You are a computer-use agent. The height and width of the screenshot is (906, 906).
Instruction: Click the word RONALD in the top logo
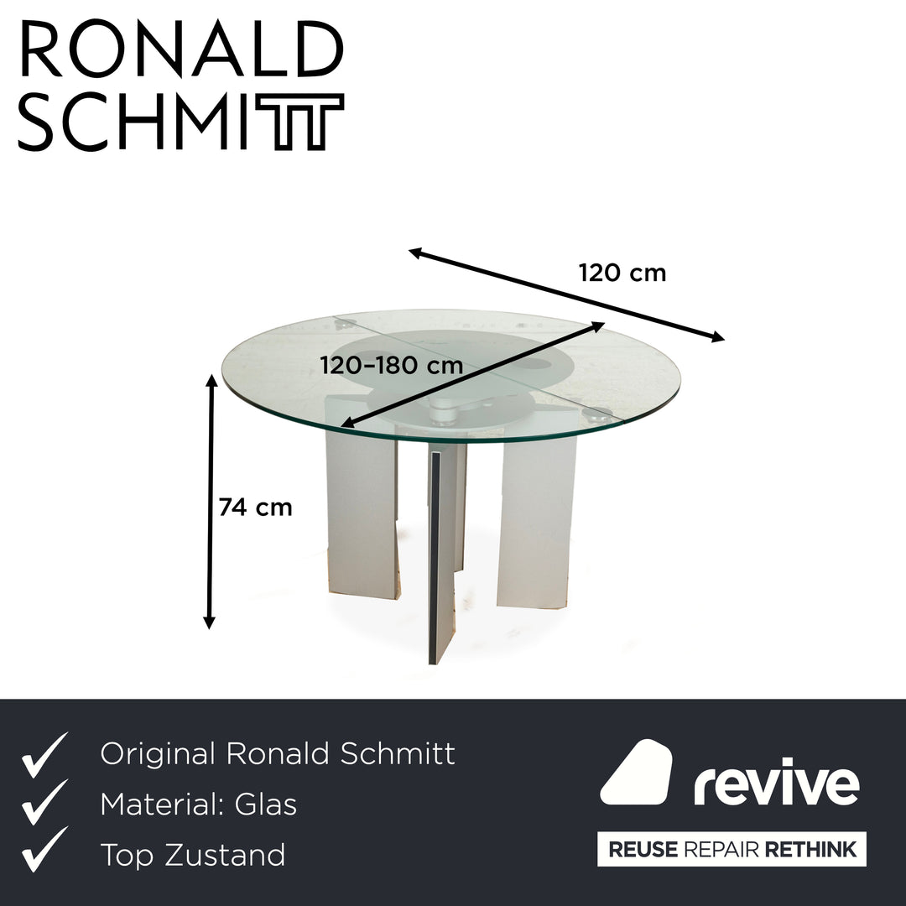pos(180,52)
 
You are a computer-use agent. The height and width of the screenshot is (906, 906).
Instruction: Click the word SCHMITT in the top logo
pos(180,122)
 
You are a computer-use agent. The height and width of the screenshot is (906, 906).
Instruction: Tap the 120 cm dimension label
pos(622,273)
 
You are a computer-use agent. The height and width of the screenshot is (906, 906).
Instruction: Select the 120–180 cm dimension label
pos(392,366)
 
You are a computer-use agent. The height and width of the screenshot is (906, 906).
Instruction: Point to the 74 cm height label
pos(255,508)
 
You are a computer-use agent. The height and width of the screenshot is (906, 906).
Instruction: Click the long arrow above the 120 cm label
pos(566,294)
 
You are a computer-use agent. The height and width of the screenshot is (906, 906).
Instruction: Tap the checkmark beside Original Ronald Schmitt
pos(45,754)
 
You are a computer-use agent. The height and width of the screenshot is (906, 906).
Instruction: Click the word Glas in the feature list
pos(266,805)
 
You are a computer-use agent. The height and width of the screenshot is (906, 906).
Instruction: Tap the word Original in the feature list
pos(157,754)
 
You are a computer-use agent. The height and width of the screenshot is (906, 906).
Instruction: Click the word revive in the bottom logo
pos(776,784)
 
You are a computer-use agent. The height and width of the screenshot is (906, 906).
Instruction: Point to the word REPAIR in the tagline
pos(719,850)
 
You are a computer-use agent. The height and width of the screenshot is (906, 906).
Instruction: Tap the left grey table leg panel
pos(361,512)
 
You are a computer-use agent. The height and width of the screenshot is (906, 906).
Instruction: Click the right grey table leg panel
pos(537,520)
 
